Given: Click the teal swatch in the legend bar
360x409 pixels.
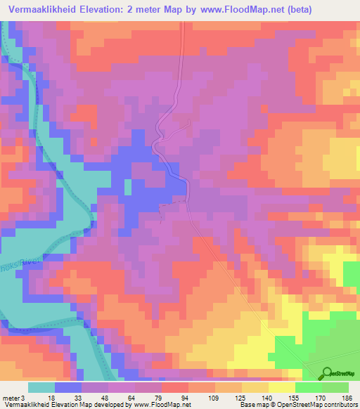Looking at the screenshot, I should (x=41, y=387).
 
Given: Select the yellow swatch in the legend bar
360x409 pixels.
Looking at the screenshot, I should (x=282, y=387).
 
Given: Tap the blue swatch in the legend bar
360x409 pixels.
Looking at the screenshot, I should (x=68, y=387).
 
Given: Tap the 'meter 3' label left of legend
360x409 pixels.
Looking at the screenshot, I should (x=13, y=398).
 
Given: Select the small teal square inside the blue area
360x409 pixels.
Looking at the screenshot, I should (x=128, y=187).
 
